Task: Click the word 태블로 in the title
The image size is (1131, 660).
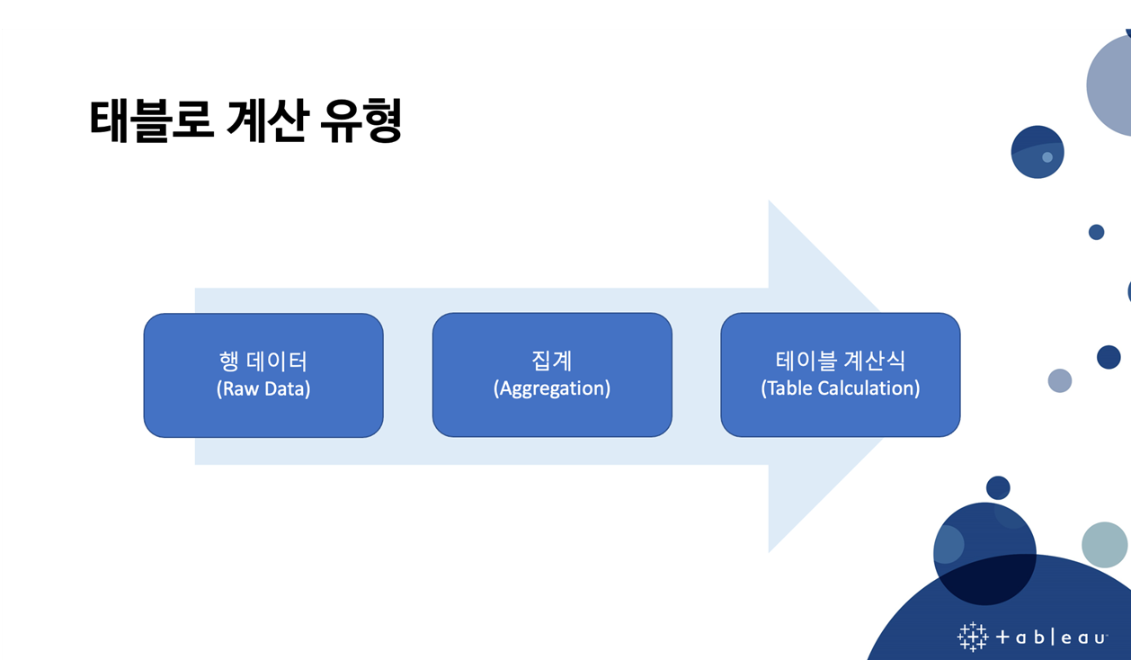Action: pos(151,120)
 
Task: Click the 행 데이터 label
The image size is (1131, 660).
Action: pos(263,361)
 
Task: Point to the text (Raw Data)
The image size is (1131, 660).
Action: pos(263,388)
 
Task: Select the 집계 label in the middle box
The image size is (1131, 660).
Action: pos(552,361)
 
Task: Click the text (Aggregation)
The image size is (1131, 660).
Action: pos(552,388)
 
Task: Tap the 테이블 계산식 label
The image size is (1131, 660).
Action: pos(841,361)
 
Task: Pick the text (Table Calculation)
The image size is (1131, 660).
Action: pos(841,388)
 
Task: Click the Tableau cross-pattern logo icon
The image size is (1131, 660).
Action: pos(972,637)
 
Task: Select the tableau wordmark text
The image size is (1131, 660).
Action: pos(1052,638)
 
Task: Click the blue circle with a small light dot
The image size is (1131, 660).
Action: pos(1037,152)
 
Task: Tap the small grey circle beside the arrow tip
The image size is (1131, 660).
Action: pos(1060,380)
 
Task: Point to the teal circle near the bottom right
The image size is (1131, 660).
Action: pos(1104,544)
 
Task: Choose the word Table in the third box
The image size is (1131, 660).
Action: pos(788,388)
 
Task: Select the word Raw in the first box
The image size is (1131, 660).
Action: pos(239,388)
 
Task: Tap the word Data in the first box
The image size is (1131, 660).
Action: pos(287,388)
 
